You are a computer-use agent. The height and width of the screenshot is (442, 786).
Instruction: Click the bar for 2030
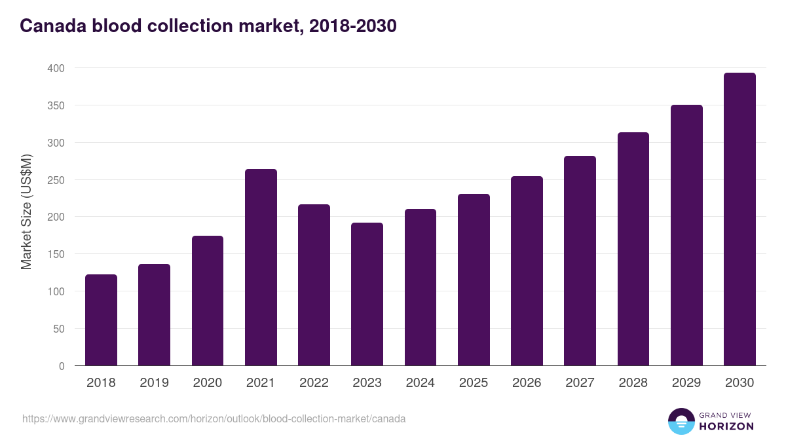(x=739, y=219)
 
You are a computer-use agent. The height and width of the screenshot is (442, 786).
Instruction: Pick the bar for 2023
(x=367, y=294)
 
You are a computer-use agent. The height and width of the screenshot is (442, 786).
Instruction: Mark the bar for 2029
(x=686, y=235)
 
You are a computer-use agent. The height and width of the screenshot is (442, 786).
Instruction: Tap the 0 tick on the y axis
(x=61, y=366)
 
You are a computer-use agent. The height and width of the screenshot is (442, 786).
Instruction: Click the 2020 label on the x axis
(x=207, y=383)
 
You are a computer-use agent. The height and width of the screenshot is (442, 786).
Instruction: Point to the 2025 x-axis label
(x=473, y=383)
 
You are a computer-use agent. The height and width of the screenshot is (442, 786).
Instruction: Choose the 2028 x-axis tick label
(x=633, y=383)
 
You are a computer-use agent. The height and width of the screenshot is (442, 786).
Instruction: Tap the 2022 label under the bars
(x=314, y=383)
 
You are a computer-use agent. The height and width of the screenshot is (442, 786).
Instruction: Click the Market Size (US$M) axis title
(x=26, y=212)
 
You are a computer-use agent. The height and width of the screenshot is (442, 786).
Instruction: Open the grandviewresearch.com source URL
(x=214, y=418)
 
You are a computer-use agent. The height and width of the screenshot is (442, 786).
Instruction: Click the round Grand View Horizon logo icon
(x=681, y=421)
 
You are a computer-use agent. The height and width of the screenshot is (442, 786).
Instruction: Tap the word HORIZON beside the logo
(x=726, y=426)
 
